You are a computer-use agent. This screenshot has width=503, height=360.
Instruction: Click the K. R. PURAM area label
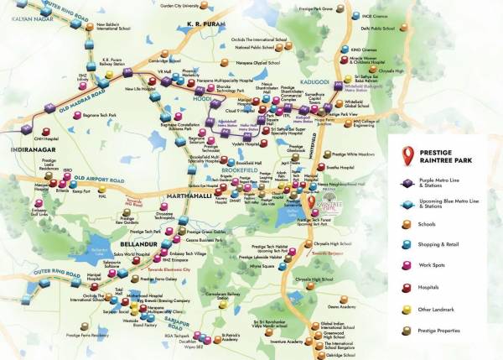point(206,25)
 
